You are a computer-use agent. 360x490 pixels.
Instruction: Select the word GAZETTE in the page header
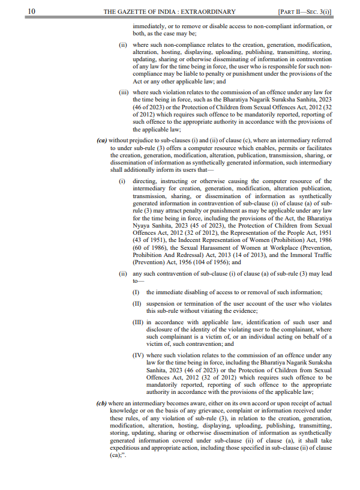134,11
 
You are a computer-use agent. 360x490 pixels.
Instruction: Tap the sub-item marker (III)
138,322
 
